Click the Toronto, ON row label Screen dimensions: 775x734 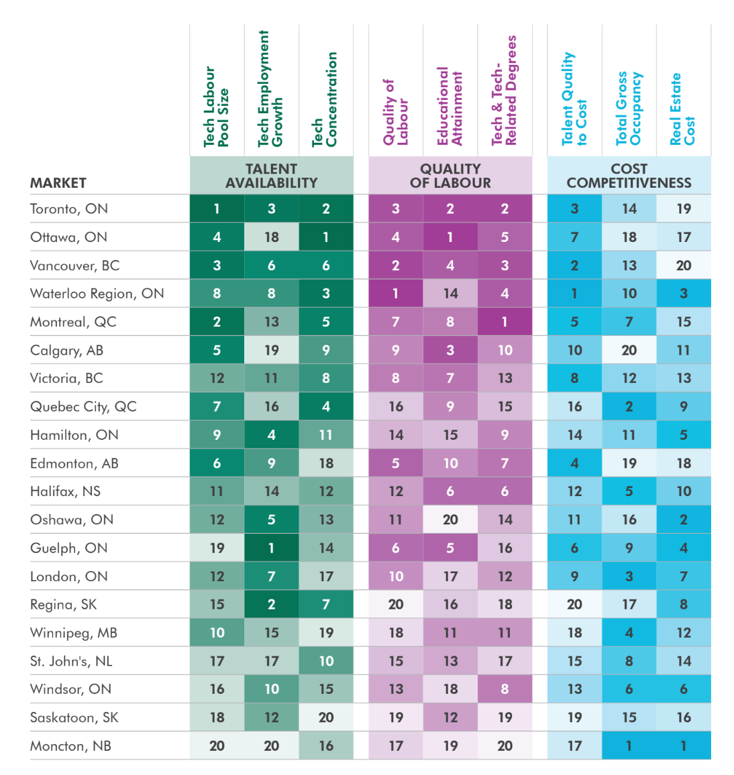pos(68,208)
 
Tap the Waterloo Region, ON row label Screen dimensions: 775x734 pos(97,294)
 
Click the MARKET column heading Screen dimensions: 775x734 pos(58,183)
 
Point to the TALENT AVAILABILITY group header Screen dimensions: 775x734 pos(271,176)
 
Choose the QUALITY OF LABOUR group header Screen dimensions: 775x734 pos(450,176)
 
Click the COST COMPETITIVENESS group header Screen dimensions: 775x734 pos(629,176)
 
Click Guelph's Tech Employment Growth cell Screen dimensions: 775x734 pos(271,548)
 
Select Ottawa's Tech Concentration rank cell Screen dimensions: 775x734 pos(326,237)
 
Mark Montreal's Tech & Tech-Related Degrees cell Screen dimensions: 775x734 pos(505,322)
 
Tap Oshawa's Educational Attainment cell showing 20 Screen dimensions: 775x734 pos(450,520)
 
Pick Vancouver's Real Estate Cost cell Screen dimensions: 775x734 pos(683,265)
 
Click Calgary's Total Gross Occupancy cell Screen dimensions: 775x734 pos(629,350)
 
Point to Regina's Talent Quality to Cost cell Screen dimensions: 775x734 pos(574,604)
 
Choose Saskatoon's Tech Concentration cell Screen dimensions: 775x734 pos(326,717)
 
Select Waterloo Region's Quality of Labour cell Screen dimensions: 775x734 pos(396,294)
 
